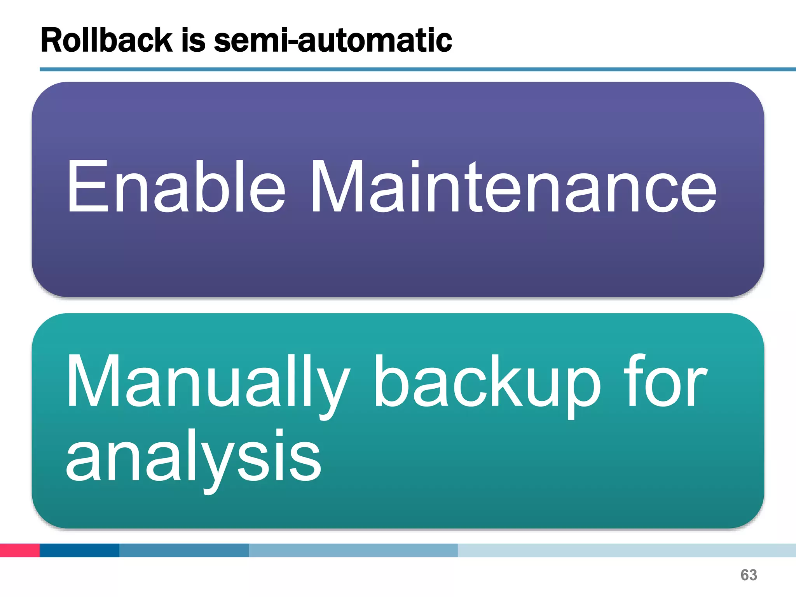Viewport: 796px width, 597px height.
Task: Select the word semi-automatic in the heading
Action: (333, 40)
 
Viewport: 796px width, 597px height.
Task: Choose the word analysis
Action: (193, 457)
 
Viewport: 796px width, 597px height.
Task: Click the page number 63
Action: (749, 575)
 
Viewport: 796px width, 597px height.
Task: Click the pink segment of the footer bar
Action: (20, 550)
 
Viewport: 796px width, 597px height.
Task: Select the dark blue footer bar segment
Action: (79, 550)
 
